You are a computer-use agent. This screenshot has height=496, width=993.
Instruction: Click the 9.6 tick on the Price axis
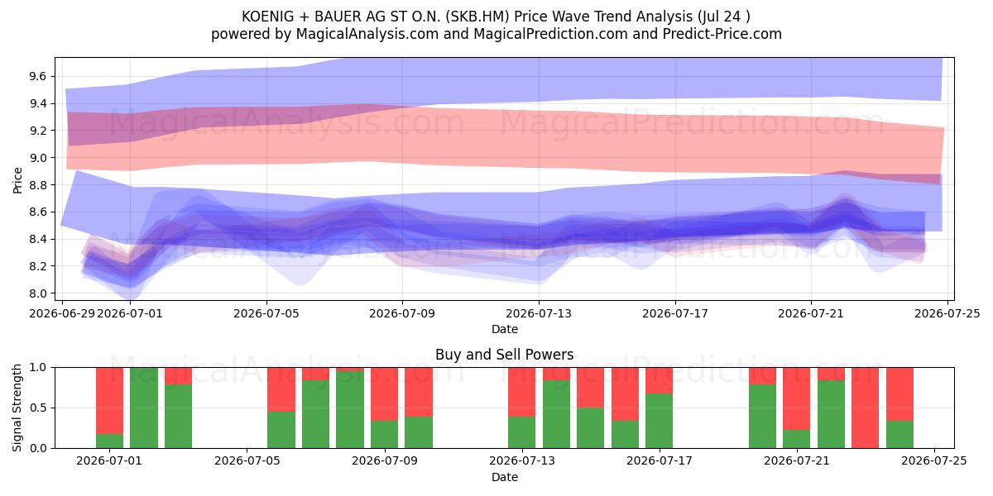click(37, 77)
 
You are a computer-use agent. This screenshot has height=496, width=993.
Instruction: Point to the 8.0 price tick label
click(37, 293)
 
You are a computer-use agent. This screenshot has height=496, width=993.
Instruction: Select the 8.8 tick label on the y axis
click(37, 185)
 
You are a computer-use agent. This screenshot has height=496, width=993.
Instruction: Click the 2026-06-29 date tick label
click(62, 313)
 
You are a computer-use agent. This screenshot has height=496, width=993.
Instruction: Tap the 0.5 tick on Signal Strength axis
click(37, 408)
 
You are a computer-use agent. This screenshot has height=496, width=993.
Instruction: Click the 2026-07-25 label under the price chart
click(947, 313)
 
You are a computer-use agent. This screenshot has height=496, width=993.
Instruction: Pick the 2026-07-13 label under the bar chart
click(522, 461)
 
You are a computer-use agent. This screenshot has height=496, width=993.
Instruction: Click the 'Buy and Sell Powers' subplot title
click(505, 355)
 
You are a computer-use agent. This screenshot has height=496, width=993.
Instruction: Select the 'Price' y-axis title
click(17, 180)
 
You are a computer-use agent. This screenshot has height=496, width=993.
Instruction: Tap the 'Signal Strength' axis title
click(17, 408)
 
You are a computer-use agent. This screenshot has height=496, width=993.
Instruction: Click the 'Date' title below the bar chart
click(505, 477)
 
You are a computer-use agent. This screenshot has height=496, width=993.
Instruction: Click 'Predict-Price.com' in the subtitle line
click(722, 34)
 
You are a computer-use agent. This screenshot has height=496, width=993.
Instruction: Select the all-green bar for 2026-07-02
click(144, 408)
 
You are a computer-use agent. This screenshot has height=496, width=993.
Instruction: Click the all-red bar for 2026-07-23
click(865, 408)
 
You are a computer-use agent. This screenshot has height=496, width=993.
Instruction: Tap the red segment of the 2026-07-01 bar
click(110, 401)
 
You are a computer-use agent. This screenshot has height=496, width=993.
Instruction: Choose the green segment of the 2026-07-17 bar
click(660, 421)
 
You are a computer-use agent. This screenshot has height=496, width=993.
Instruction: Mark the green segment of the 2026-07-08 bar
click(350, 410)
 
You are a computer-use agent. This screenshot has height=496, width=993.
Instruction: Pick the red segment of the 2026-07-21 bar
click(796, 398)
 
